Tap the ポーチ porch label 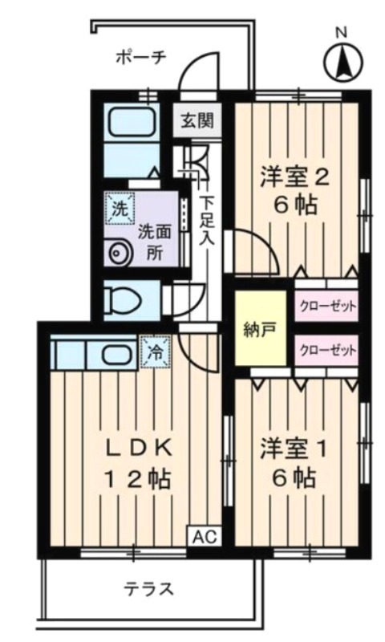click(x=141, y=56)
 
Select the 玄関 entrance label click(x=197, y=120)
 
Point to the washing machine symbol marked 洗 click(x=120, y=209)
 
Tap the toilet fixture click(x=123, y=301)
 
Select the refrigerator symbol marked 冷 click(x=156, y=352)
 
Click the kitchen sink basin click(x=117, y=355)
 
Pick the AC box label click(x=205, y=536)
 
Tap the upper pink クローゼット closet click(x=326, y=306)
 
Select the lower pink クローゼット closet click(x=326, y=351)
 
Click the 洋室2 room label click(x=295, y=177)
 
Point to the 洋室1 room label click(x=294, y=450)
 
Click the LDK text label click(x=138, y=449)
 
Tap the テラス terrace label click(x=149, y=589)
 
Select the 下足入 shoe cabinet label click(x=207, y=221)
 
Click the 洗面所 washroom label click(x=154, y=242)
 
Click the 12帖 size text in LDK click(x=138, y=477)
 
